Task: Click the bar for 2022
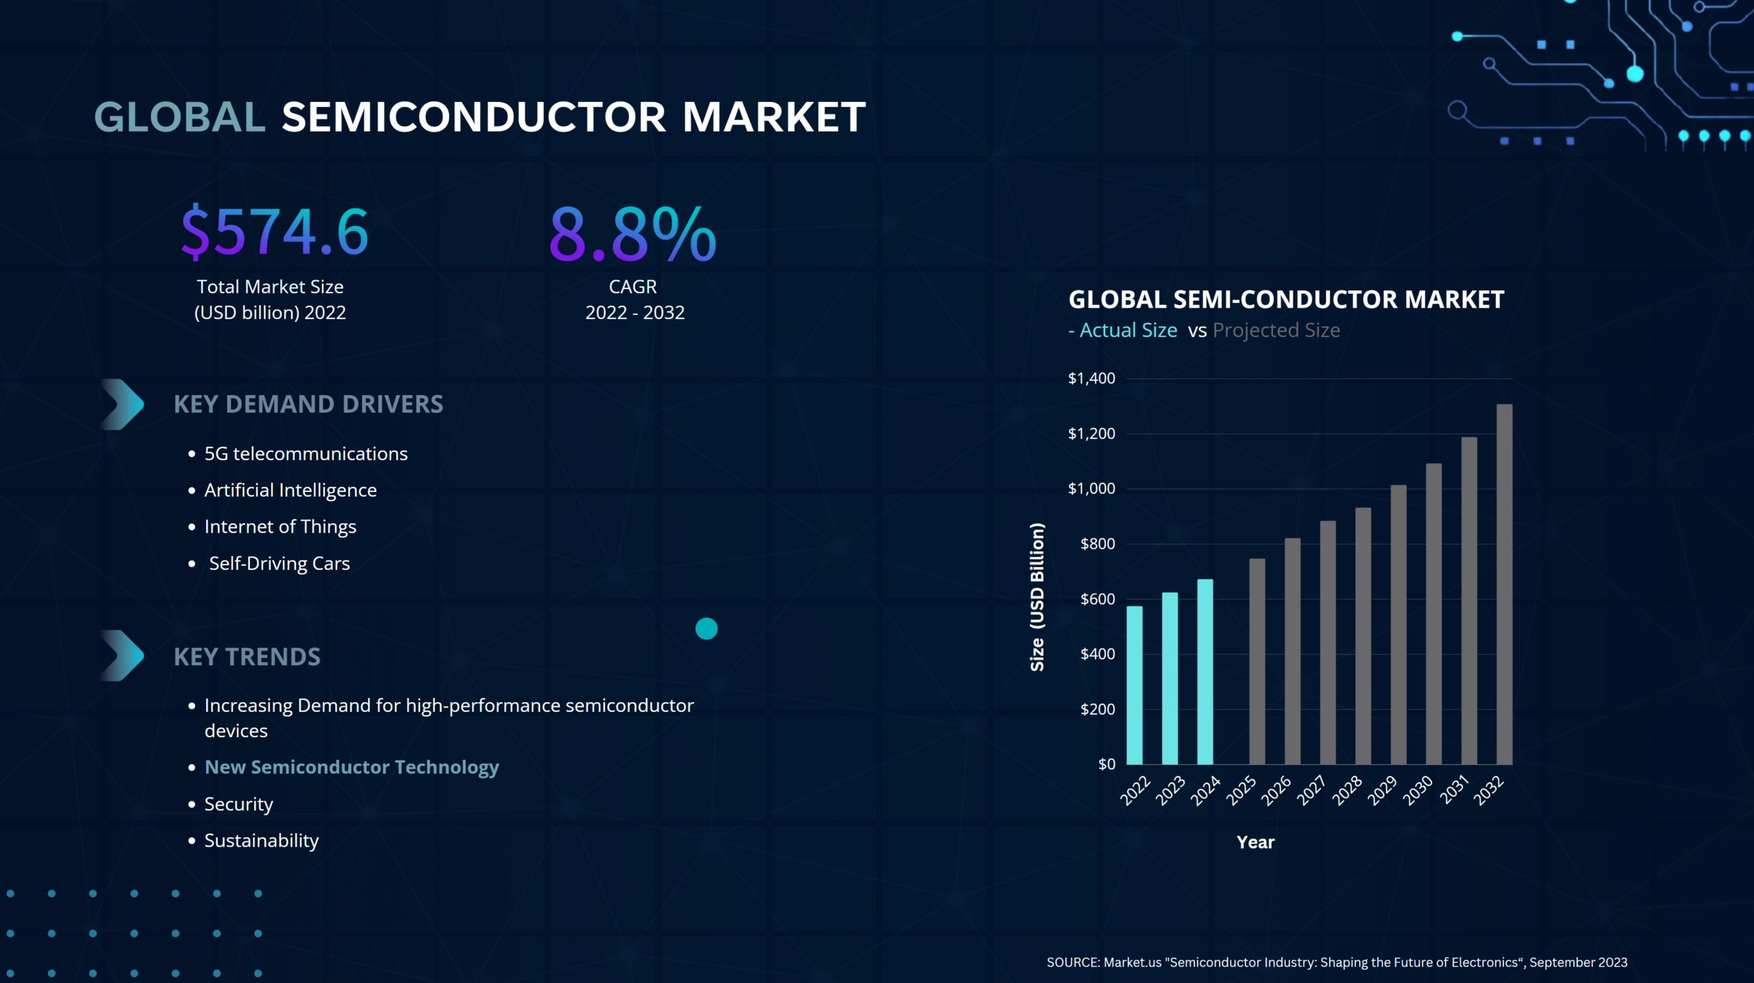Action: [x=1135, y=685]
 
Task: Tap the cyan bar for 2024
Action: [x=1205, y=671]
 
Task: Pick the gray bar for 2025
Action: [x=1257, y=661]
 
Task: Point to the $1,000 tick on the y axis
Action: [x=1091, y=488]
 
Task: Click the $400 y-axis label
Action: [x=1098, y=654]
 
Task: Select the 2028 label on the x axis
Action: [x=1347, y=791]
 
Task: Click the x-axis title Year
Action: [x=1255, y=843]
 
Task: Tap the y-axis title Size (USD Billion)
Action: [x=1037, y=597]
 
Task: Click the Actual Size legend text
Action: [x=1128, y=330]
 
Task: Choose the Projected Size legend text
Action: [x=1276, y=330]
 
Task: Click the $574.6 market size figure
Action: [x=275, y=232]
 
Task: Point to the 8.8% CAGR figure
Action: [x=632, y=234]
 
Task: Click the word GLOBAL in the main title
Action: [x=180, y=117]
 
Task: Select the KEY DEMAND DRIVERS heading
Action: [x=308, y=404]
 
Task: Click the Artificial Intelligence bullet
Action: [x=291, y=490]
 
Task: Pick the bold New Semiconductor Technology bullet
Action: [x=351, y=767]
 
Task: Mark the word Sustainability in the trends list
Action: [x=262, y=841]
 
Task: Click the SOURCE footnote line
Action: [x=1337, y=962]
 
